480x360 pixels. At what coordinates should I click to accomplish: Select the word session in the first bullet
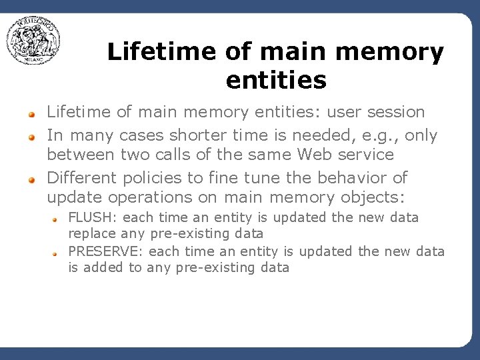[x=395, y=112]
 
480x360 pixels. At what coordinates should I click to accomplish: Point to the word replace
[x=92, y=234]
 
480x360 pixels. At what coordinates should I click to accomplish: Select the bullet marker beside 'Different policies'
[x=31, y=180]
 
